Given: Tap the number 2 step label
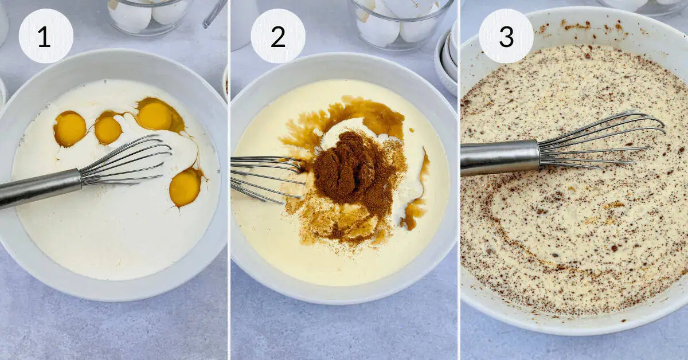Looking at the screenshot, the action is tap(278, 36).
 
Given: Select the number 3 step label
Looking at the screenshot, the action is tap(506, 36).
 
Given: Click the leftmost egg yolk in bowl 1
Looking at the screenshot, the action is tap(70, 129).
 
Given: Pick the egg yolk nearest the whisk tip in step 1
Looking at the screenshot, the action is tap(154, 116).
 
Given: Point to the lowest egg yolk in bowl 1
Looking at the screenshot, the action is tap(185, 187).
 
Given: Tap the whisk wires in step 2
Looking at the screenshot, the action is tap(267, 179).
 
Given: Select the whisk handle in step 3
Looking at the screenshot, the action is tap(500, 158).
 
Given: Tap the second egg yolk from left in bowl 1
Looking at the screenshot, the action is tap(108, 130).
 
